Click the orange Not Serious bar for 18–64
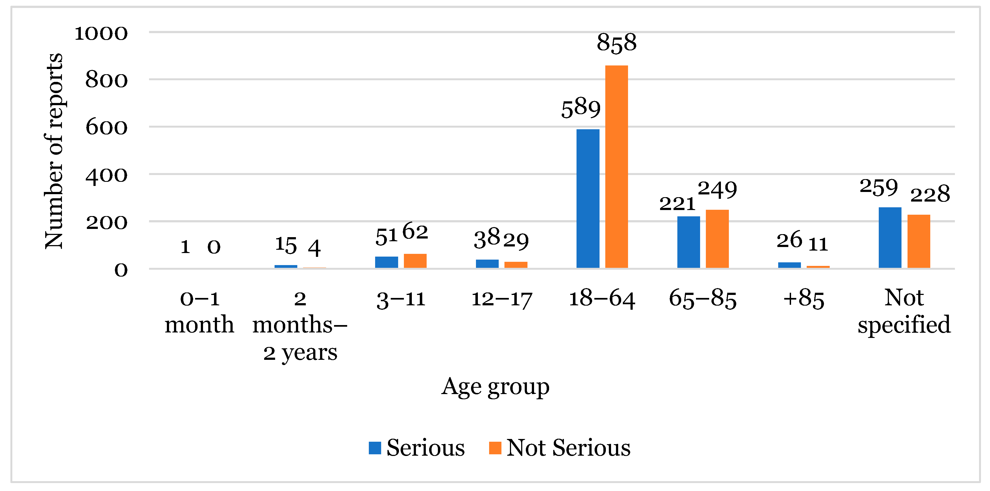coord(617,167)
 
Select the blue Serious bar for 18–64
coord(588,199)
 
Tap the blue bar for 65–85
coord(688,242)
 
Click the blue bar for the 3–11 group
coord(386,262)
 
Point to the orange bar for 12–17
coord(516,265)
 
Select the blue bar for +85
coord(789,265)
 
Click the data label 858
coord(617,43)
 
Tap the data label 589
coord(580,108)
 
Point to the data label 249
coord(717,189)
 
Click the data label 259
coord(878,188)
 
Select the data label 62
coord(415,232)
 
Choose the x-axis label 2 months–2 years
coord(300,325)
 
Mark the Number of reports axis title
coord(53,151)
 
